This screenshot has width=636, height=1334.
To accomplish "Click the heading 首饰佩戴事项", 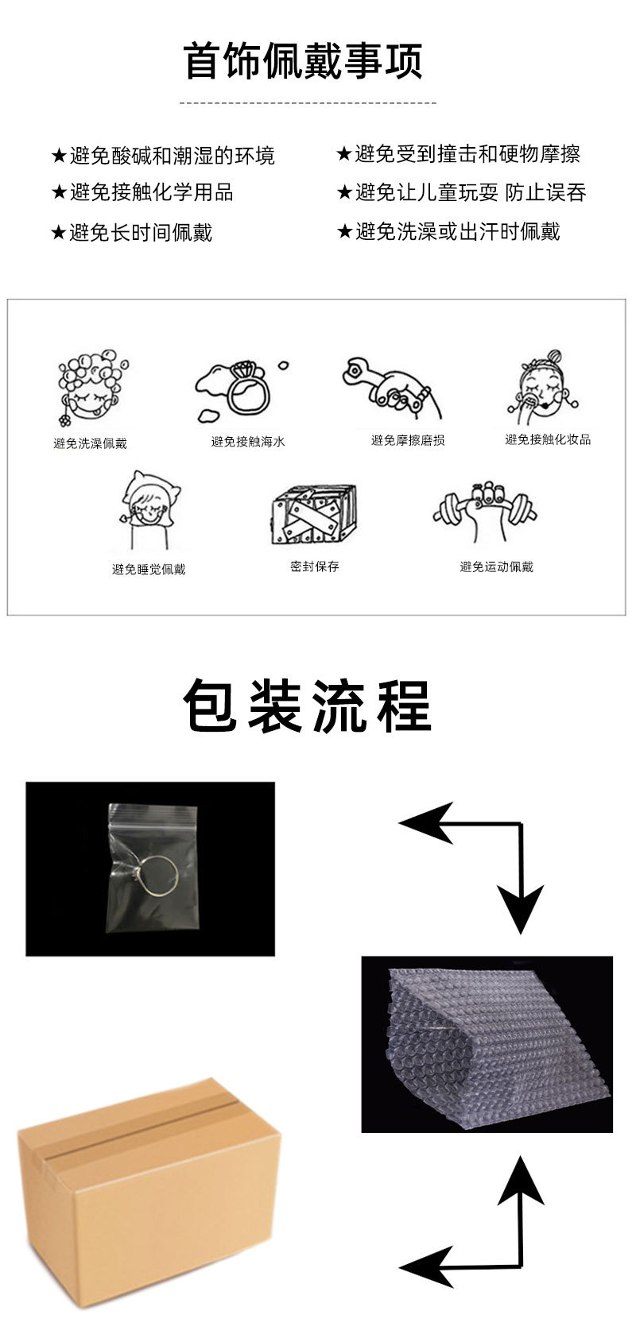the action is pos(304,60).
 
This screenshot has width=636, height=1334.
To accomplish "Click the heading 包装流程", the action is pos(307,706).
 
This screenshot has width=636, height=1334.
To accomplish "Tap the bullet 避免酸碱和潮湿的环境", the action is pos(163,156).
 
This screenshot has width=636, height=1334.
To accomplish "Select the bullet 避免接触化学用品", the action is pos(142,192).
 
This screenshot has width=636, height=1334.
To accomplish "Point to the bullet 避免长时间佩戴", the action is pos(132,232).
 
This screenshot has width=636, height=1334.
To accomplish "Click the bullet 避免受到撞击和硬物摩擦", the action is pos(459,154).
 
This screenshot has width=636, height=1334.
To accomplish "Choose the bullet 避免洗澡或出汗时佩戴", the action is pos(448,231).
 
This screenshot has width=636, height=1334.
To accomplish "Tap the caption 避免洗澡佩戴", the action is pos(90,443).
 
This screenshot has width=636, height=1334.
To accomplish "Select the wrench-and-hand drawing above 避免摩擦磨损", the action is pos(392,388).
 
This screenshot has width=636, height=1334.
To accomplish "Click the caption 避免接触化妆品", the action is pos(548,439).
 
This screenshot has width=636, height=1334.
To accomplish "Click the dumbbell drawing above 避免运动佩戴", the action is pos(485,511).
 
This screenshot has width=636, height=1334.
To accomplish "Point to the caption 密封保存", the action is pos(315,566).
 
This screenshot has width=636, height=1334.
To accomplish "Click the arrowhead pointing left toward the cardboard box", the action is pos(425,1264).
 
